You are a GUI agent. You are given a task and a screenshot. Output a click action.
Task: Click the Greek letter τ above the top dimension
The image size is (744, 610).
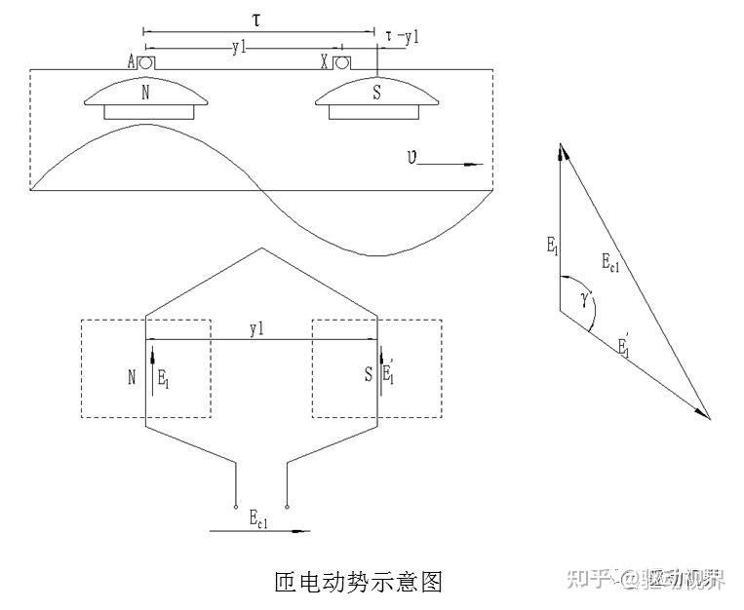point(257,19)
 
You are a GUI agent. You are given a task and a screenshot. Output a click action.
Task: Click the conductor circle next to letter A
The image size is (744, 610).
point(144,62)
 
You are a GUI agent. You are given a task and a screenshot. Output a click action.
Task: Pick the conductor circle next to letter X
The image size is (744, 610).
point(341,62)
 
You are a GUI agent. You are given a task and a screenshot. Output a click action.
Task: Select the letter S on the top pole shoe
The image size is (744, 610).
point(377,94)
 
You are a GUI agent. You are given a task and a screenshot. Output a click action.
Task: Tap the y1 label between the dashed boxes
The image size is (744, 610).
point(257,331)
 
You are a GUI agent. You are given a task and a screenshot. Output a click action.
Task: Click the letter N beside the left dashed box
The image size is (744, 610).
point(131,377)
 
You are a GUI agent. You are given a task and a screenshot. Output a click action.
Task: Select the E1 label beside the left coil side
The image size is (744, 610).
point(164,378)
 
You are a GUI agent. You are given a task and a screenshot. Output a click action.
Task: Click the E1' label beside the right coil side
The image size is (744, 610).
point(389,372)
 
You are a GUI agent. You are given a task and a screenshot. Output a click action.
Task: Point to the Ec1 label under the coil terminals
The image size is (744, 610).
point(258,518)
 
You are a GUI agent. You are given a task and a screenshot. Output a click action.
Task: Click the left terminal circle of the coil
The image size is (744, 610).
point(235,507)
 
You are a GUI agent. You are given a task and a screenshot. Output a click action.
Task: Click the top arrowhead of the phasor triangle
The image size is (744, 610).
point(562,149)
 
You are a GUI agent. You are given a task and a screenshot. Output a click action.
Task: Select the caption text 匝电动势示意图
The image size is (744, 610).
point(361,582)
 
